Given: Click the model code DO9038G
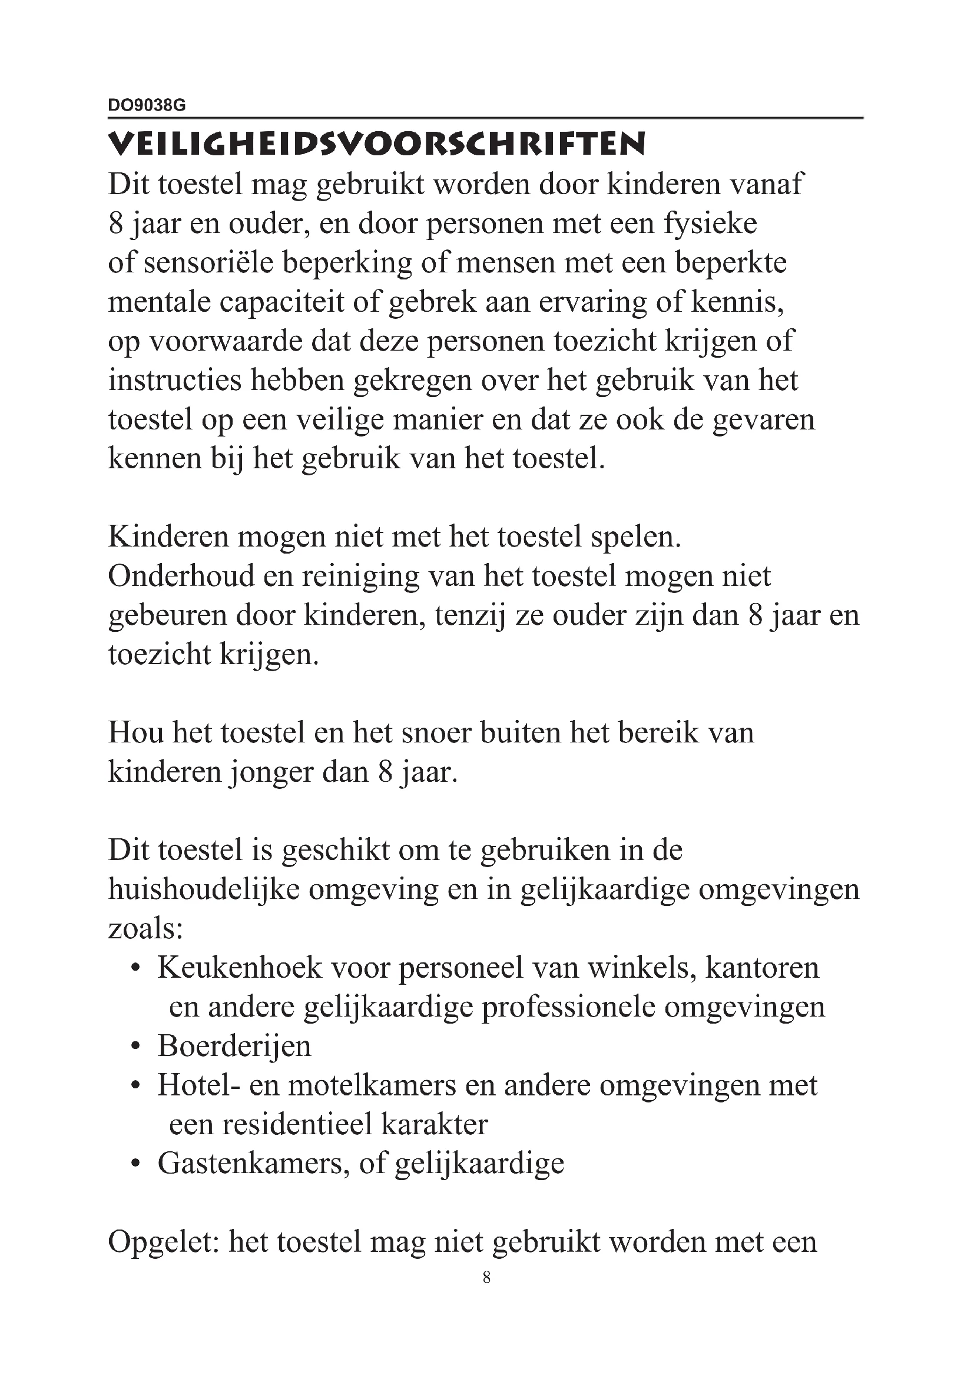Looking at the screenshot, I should point(147,105).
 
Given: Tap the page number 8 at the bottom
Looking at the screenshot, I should point(486,1277).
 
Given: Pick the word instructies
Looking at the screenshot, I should point(173,381).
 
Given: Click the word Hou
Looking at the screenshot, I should point(135,733).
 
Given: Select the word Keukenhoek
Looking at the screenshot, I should point(240,968).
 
